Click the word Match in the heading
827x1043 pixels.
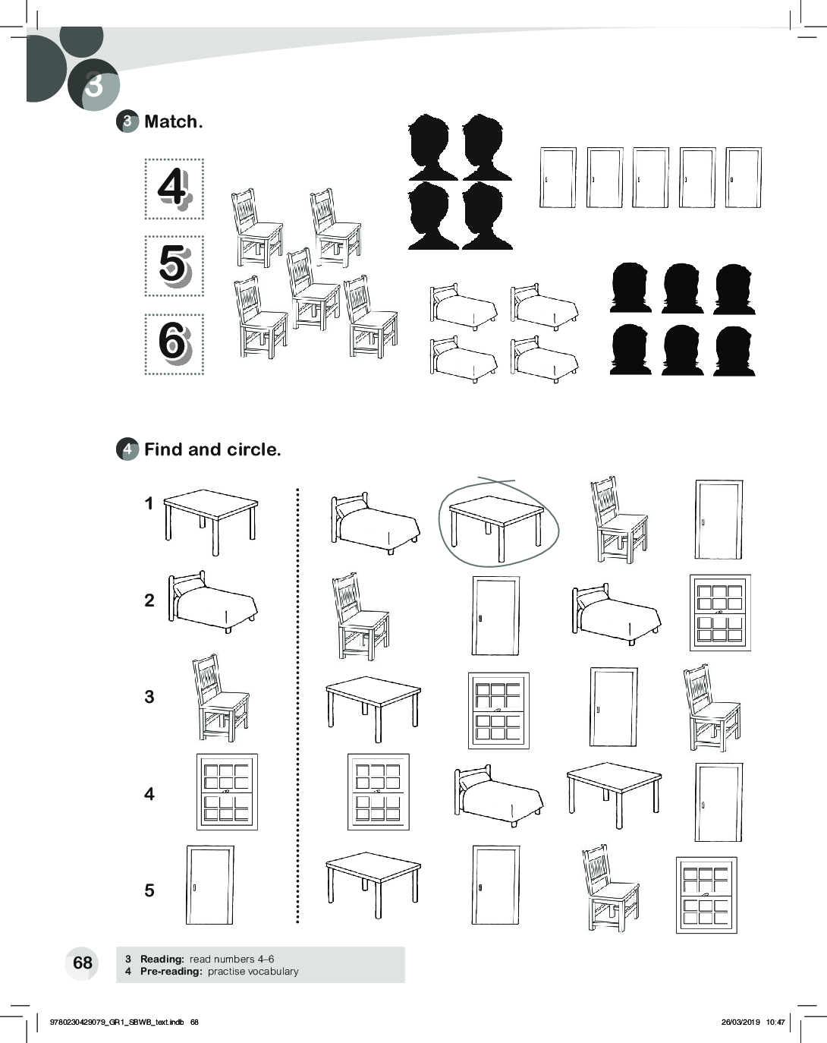click(x=171, y=121)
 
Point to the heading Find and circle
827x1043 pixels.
click(x=212, y=449)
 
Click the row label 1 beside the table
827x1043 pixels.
click(x=149, y=503)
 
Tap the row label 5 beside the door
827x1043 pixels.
click(x=149, y=890)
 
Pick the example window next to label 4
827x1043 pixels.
click(x=227, y=792)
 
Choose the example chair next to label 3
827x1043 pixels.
click(x=221, y=698)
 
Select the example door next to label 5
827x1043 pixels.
click(x=209, y=885)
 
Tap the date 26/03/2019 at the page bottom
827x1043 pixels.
click(x=741, y=1023)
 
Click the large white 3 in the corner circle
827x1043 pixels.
click(x=94, y=85)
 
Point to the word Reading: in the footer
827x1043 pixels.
click(x=162, y=959)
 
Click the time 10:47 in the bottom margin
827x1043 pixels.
click(x=775, y=1023)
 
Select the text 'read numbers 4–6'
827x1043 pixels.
click(x=231, y=959)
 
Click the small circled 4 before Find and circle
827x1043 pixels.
click(x=127, y=449)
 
